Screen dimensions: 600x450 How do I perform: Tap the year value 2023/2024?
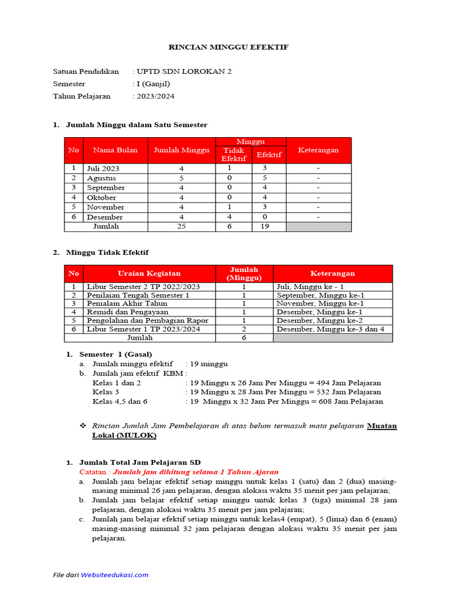(155, 96)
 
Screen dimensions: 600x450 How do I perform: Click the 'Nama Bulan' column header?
(115, 151)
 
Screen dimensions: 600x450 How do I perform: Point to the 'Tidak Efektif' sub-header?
(234, 155)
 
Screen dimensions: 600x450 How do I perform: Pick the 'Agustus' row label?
(101, 178)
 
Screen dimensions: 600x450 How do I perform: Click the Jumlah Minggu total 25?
(181, 227)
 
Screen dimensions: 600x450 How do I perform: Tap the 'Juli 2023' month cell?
(103, 168)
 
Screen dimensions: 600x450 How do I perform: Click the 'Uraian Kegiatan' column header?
(149, 274)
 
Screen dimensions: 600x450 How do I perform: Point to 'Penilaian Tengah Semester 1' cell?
(138, 296)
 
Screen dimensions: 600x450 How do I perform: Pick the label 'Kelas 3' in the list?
(106, 392)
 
